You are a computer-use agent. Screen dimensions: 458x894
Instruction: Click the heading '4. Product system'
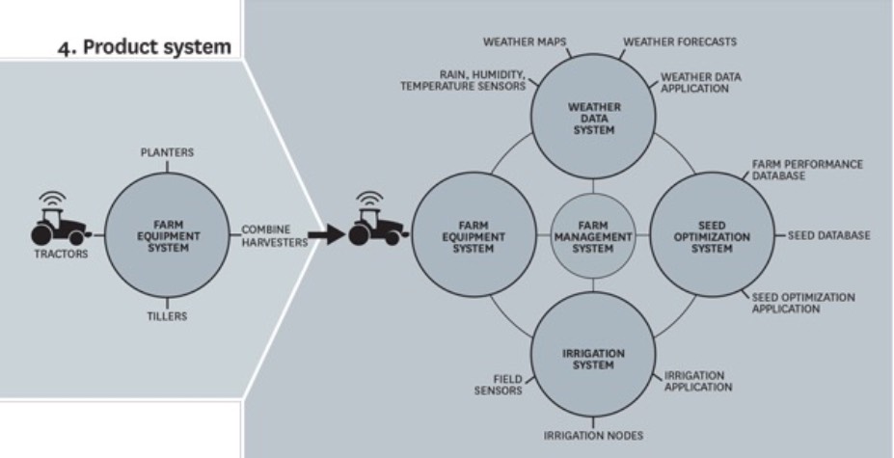point(157,47)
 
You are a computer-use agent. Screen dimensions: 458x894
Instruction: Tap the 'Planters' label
point(167,153)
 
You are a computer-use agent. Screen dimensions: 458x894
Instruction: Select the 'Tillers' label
point(168,315)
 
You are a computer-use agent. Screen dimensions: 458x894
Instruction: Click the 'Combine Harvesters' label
point(274,236)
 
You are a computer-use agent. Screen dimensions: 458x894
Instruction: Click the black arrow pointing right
point(327,235)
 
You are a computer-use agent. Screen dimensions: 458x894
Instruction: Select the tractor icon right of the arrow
point(370,224)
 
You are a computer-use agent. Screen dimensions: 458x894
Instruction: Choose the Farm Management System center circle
point(592,235)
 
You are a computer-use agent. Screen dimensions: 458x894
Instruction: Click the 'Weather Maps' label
point(524,42)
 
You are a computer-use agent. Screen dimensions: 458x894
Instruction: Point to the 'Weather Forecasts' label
point(679,42)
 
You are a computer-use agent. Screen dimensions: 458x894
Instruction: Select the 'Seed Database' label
point(828,235)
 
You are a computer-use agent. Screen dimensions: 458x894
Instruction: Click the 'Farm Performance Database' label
point(807,170)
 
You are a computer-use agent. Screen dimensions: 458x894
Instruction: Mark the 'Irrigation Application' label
point(697,381)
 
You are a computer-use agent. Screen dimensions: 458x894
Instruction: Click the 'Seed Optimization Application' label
point(802,303)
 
